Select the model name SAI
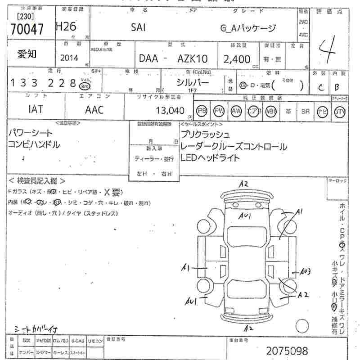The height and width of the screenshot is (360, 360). click(138, 27)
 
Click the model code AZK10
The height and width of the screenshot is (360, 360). click(193, 59)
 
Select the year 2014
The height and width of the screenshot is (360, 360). click(69, 58)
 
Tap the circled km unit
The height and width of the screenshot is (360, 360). click(84, 85)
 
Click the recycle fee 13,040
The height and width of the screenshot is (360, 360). click(170, 111)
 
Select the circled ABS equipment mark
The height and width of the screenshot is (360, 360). click(270, 111)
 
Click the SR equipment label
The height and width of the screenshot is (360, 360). click(306, 111)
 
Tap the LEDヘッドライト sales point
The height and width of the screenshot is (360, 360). click(210, 157)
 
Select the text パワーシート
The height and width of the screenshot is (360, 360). click(30, 133)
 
